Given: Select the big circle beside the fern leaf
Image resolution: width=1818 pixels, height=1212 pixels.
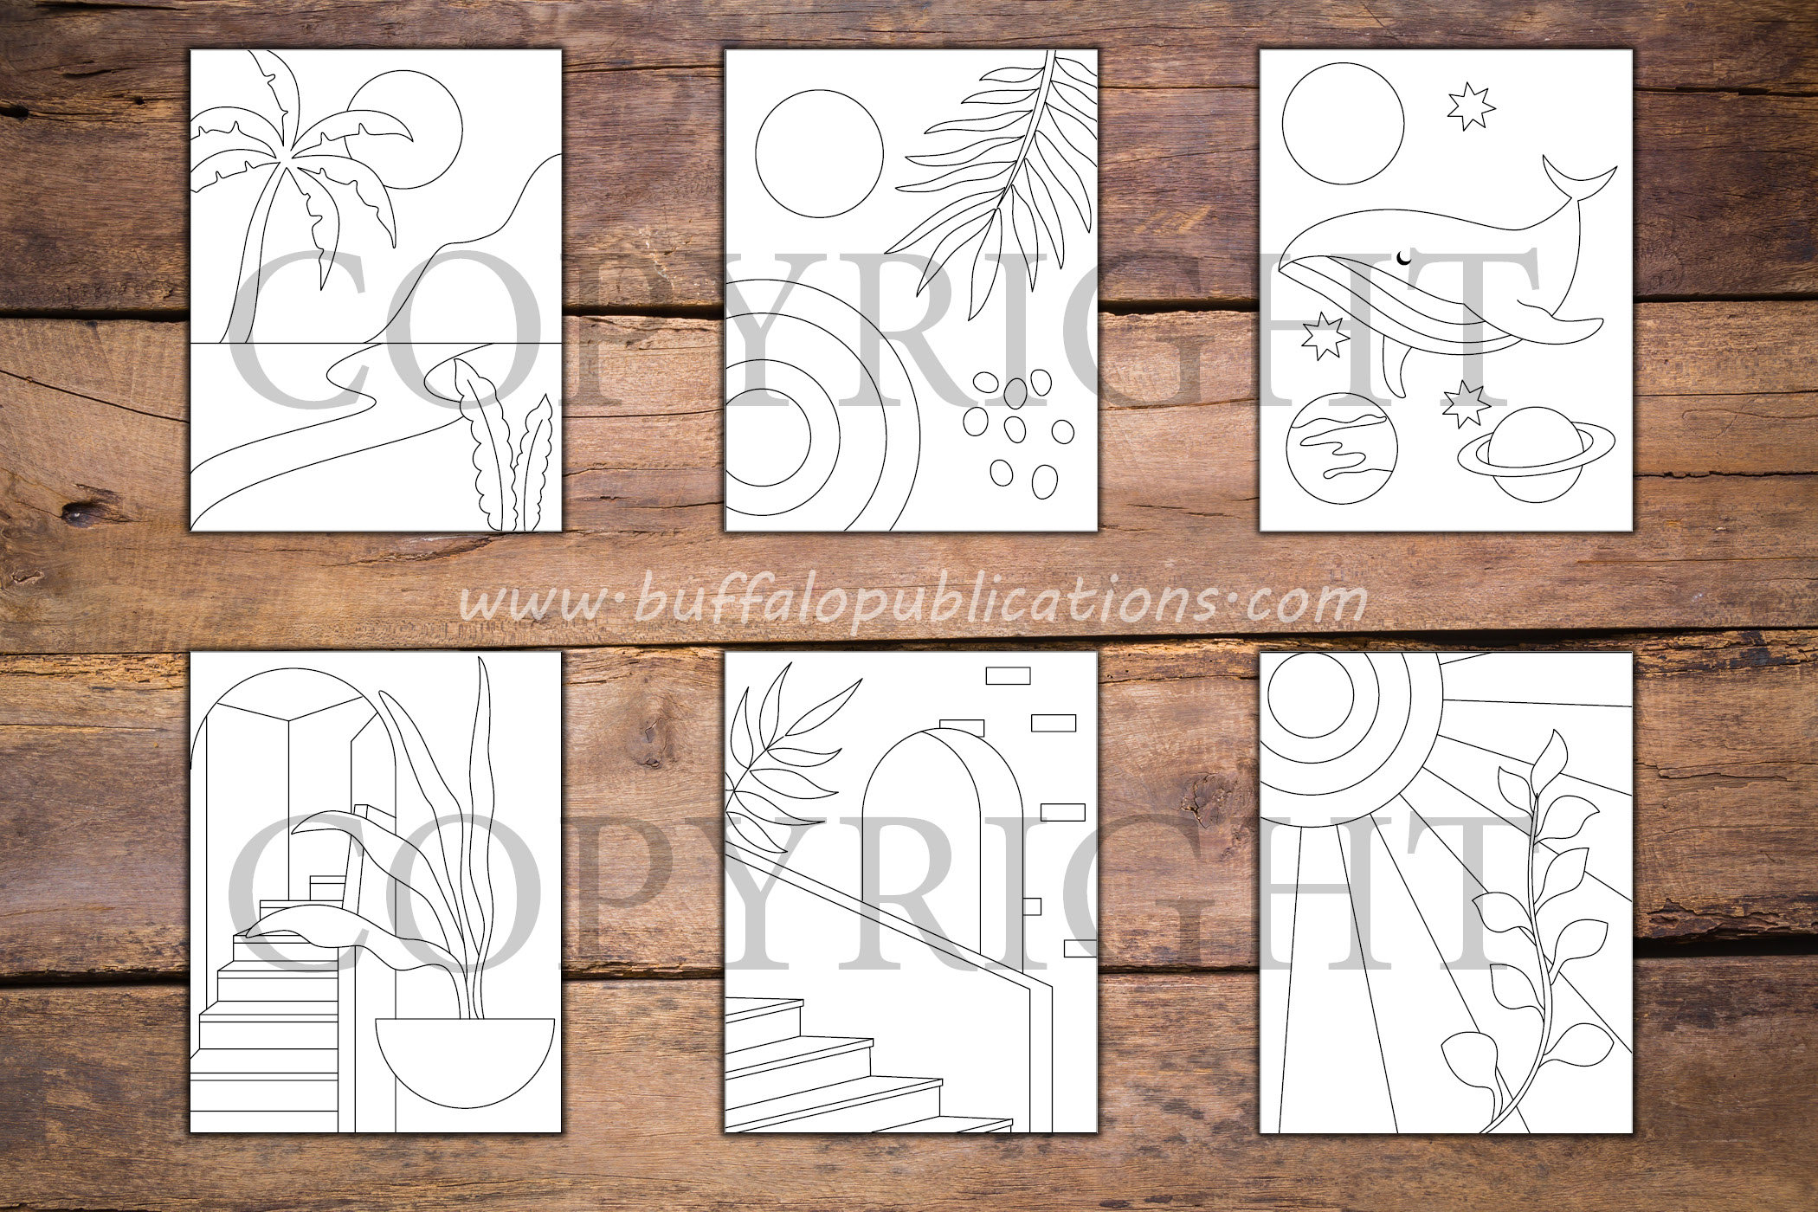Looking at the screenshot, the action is (x=819, y=154).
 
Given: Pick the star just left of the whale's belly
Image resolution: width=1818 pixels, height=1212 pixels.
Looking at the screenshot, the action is (x=1323, y=336).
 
